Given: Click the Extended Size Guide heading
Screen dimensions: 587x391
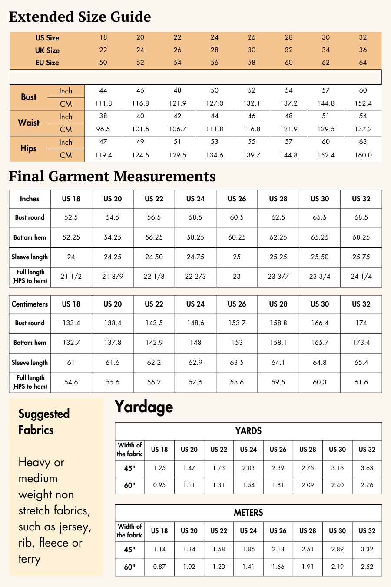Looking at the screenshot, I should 80,17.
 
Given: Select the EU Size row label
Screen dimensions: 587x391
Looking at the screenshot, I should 47,63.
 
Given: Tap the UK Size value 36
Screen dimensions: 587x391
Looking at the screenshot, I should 363,50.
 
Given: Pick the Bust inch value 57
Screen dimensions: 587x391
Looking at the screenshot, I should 326,90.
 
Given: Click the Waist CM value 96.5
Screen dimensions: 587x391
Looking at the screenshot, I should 103,129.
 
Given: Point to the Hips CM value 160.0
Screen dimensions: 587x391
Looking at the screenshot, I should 363,155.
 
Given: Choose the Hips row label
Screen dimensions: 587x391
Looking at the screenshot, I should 29,149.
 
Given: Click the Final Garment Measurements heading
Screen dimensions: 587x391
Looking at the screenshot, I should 112,177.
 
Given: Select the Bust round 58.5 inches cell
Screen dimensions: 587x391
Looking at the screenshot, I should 195,217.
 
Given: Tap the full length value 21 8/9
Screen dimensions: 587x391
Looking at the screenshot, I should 113,277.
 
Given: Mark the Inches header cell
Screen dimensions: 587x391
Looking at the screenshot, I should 30,199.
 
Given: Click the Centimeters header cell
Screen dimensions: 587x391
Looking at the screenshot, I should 30,304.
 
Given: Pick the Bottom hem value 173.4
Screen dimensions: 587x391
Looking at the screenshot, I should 361,343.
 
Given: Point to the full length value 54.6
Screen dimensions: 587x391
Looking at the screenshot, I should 71,382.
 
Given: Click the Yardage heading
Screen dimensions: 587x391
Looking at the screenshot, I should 144,407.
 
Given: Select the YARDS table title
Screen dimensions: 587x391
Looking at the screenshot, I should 248,431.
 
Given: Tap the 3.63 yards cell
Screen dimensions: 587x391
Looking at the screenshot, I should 367,468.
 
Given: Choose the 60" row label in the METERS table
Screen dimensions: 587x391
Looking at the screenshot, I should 129,567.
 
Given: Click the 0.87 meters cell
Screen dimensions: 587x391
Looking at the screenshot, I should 159,567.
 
